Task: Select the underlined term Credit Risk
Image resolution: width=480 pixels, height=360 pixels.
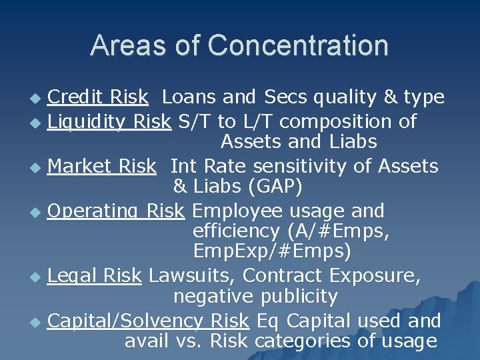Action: pos(98,97)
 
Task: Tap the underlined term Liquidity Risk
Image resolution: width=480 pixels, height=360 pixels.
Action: pos(109,122)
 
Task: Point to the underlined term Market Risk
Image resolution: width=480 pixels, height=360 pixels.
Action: pos(101,166)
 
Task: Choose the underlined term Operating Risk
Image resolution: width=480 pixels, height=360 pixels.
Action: pos(115,211)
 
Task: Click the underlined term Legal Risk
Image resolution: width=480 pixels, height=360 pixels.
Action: pos(95,275)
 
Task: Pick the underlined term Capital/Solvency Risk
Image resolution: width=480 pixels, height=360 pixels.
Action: pos(149,321)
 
